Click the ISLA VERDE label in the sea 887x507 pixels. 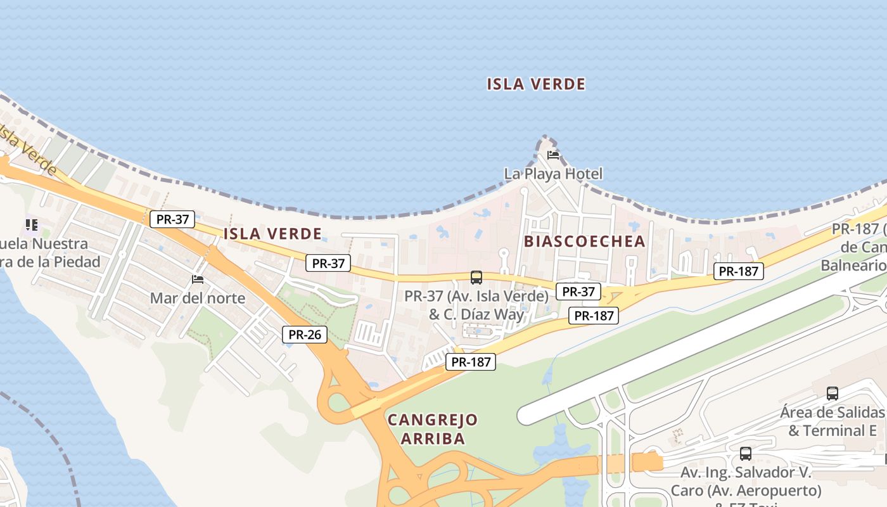point(536,84)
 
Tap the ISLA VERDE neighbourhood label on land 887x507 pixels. point(272,234)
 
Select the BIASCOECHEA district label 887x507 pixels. point(584,241)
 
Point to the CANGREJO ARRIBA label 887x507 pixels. point(433,428)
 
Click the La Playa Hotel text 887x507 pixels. point(553,174)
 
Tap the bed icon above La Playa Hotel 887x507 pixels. point(553,155)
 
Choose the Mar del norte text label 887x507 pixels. point(197,298)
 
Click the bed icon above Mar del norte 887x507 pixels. point(198,279)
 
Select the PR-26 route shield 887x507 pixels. point(305,335)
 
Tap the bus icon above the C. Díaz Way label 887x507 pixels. point(476,278)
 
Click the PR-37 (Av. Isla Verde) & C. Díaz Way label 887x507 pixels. point(476,305)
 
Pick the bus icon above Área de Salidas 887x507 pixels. point(833,394)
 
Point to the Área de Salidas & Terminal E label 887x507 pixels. point(832,421)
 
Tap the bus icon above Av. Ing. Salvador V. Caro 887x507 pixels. point(746,454)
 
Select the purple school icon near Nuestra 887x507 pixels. point(31,225)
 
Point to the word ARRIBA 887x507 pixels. point(433,438)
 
